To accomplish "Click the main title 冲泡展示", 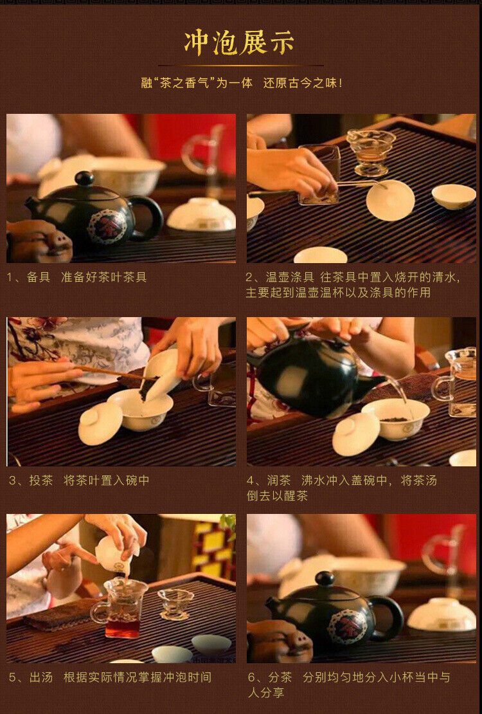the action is click(x=240, y=43).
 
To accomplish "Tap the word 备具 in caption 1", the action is click(x=38, y=277).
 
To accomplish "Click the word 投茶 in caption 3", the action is click(x=41, y=480).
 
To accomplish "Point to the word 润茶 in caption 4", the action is click(x=278, y=480).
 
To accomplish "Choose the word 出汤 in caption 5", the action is click(x=41, y=677).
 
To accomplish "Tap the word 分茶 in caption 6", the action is click(x=280, y=677).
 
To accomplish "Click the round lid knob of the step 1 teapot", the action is click(x=85, y=178).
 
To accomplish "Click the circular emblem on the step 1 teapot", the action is click(x=107, y=226).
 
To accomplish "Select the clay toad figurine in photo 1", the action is click(x=38, y=242).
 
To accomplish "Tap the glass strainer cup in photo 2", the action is click(x=370, y=152).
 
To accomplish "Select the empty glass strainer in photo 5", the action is click(x=175, y=604).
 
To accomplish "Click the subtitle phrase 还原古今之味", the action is click(x=300, y=83).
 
